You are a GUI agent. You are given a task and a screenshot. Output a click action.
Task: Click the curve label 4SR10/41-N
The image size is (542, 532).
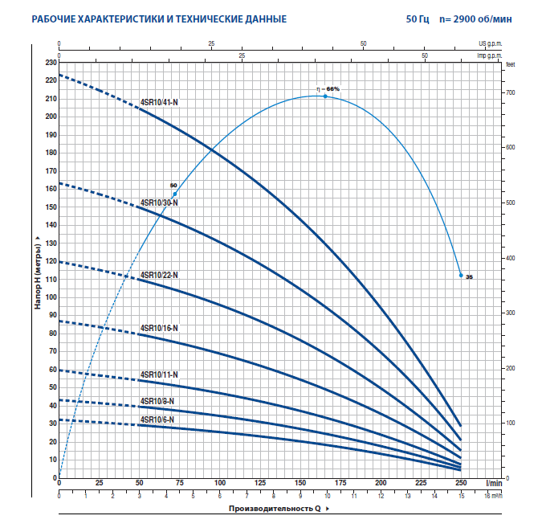(x=159, y=103)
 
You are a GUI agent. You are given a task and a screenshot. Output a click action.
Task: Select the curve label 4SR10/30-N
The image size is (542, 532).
(x=159, y=203)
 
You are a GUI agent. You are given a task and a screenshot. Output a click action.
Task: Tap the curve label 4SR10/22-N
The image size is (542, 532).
(x=159, y=275)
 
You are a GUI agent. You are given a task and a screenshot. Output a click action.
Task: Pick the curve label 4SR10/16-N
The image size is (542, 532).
(x=159, y=328)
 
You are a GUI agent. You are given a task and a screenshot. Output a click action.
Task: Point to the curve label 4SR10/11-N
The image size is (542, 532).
(x=159, y=374)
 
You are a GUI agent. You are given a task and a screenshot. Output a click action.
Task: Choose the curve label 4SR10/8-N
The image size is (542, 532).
(x=157, y=401)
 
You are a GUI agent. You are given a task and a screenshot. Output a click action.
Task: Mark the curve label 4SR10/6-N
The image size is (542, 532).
(x=157, y=419)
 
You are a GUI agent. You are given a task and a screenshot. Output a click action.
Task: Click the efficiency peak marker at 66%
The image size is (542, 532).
(x=325, y=96)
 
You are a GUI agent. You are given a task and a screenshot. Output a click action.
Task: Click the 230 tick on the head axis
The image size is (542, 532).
(x=51, y=62)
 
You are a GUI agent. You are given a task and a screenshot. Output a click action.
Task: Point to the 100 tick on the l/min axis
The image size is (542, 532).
(x=219, y=484)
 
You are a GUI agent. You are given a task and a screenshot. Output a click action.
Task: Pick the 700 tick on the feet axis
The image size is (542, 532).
(x=509, y=93)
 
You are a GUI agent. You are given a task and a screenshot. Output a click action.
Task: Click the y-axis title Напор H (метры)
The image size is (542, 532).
(x=37, y=273)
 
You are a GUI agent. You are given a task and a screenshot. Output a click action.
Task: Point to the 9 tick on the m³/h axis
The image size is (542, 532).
(x=300, y=496)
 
